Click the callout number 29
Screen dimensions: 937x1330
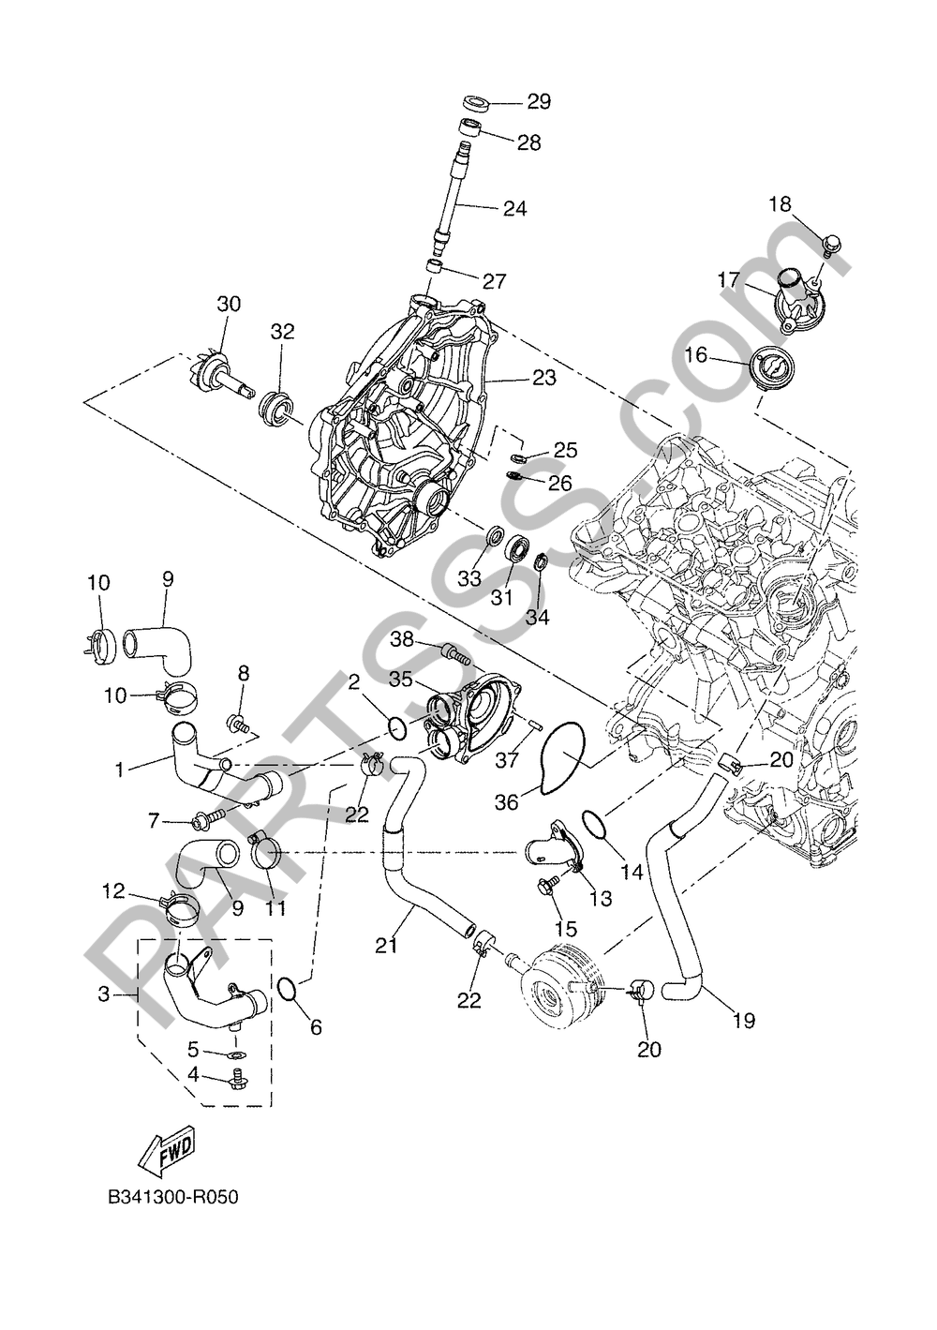coord(539,101)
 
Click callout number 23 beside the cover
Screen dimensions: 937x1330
coord(544,377)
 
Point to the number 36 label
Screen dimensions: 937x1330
coord(507,802)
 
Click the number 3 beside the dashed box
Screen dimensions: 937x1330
coord(104,994)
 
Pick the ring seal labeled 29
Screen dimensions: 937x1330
coord(477,102)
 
